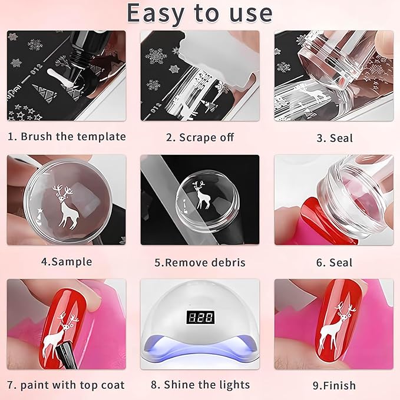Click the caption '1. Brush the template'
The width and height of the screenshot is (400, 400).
pos(67,137)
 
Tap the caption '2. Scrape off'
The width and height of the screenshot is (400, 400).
pos(200,137)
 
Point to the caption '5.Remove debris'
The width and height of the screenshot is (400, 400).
pos(200,262)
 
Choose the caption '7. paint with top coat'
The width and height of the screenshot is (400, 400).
pos(67,385)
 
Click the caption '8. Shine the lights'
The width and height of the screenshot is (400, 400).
pos(200,385)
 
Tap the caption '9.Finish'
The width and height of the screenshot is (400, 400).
pos(334,386)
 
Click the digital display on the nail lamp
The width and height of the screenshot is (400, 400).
pos(200,318)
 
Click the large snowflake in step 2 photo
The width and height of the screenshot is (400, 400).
pos(156,57)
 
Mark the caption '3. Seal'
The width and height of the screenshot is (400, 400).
pos(334,138)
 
